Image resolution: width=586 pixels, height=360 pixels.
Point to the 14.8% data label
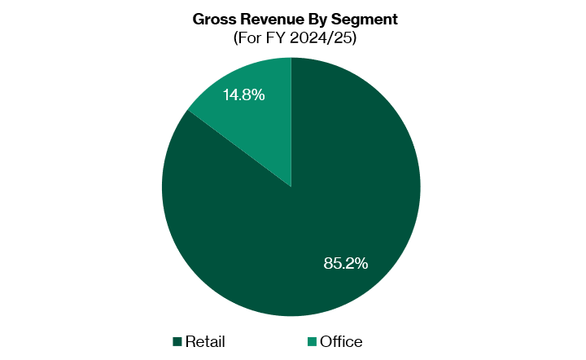click(x=243, y=95)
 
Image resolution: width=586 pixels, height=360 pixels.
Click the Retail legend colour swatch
click(x=177, y=341)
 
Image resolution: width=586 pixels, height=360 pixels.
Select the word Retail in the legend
click(x=205, y=341)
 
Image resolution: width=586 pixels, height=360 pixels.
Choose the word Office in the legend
click(x=341, y=341)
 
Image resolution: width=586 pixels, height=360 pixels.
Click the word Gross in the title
click(x=213, y=18)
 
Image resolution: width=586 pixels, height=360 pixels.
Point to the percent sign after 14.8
click(x=258, y=95)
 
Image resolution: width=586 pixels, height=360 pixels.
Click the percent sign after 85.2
click(x=361, y=263)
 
